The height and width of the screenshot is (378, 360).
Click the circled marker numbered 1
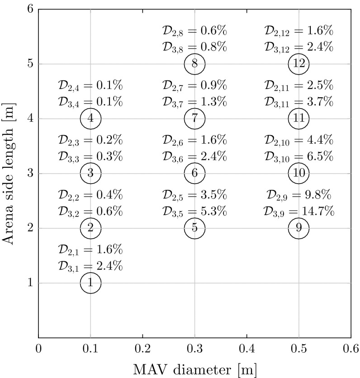click(90, 283)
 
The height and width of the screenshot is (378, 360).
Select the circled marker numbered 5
click(194, 228)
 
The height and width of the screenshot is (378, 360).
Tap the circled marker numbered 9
click(298, 228)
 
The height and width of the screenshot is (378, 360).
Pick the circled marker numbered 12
click(298, 64)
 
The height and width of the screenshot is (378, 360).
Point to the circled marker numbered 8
click(194, 64)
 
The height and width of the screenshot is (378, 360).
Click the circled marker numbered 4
click(90, 118)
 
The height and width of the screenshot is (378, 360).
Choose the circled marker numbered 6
click(194, 173)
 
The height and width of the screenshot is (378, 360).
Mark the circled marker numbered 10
click(298, 173)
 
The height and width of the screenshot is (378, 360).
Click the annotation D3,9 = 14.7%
click(298, 211)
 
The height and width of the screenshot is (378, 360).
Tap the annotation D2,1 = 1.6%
click(90, 250)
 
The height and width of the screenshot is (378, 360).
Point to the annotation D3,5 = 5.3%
click(194, 211)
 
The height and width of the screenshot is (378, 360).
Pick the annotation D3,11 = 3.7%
click(298, 102)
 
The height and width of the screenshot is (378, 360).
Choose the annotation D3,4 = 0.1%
click(90, 102)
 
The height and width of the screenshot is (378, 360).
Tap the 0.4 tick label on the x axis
click(246, 348)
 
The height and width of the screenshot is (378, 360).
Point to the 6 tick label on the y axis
click(30, 9)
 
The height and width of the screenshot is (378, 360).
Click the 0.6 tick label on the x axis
click(351, 348)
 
